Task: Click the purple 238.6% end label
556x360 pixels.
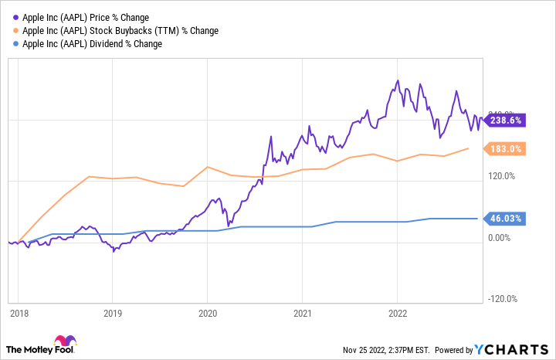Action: (506, 121)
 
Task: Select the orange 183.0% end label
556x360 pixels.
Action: (506, 149)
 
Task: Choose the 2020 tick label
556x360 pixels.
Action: (207, 314)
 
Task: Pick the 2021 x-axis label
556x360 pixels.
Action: (302, 314)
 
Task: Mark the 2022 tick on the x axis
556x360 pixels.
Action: (397, 314)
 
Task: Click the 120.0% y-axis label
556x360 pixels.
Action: (502, 176)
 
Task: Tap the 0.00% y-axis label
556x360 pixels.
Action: (502, 238)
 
